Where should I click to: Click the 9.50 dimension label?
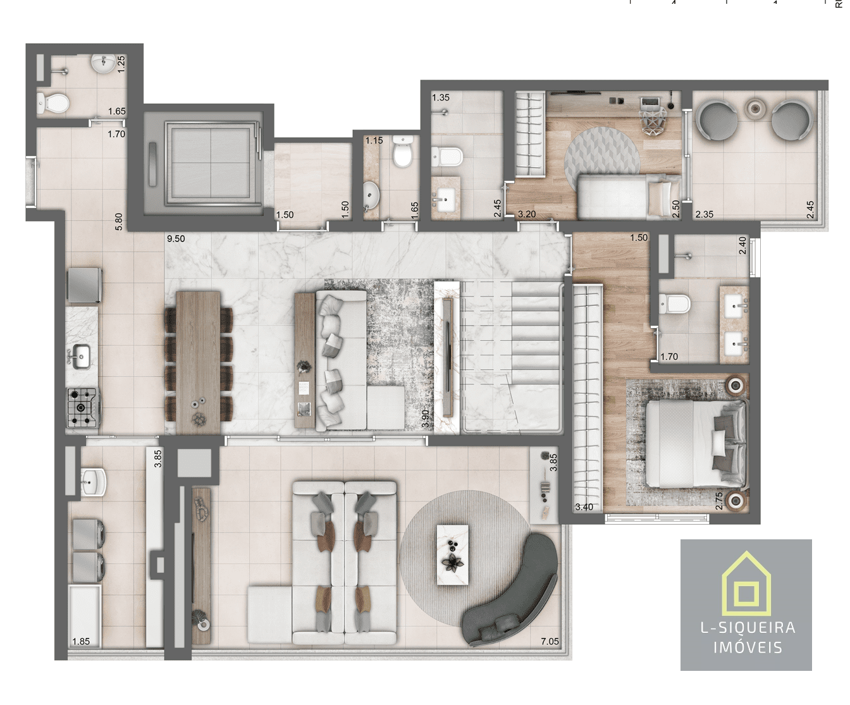176,239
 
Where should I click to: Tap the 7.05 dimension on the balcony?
550,641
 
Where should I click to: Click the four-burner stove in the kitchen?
82,408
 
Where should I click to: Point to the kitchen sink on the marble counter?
81,356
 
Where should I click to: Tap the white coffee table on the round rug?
452,555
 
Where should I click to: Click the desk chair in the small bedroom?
653,120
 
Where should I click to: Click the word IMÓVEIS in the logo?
748,647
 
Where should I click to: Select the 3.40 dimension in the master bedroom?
584,506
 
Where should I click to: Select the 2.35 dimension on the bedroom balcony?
704,214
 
